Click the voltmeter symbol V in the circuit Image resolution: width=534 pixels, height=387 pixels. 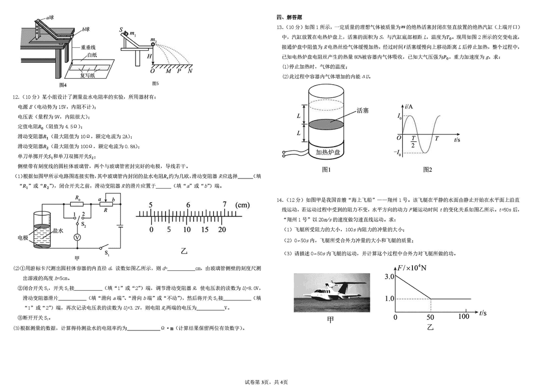point(77,238)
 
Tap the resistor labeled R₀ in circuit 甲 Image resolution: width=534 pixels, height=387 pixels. point(77,204)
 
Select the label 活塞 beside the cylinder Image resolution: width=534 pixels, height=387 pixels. point(362,110)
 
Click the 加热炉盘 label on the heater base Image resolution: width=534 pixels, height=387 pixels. point(328,152)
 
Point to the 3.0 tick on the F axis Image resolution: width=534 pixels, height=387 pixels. point(389,276)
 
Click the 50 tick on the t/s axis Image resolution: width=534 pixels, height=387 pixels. point(430,317)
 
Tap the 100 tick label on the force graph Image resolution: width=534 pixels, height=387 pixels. point(463,316)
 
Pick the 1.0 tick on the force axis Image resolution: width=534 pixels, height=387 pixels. point(389,298)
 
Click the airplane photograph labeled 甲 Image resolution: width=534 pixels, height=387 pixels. point(332,293)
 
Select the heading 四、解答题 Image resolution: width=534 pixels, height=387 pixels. point(289,17)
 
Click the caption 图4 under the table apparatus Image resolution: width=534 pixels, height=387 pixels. point(62,85)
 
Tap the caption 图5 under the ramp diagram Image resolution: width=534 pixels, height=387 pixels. point(155,83)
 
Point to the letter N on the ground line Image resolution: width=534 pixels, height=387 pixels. point(190,71)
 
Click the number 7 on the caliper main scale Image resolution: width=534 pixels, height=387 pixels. point(225,204)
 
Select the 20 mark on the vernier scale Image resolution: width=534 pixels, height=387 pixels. point(222,230)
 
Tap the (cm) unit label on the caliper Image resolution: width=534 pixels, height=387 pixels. point(243,205)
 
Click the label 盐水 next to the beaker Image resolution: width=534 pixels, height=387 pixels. point(58,231)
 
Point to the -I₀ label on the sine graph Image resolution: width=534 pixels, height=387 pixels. point(397,152)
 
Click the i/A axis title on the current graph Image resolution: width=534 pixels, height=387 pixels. point(409,106)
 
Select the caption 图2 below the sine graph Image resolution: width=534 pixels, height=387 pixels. point(427,169)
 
